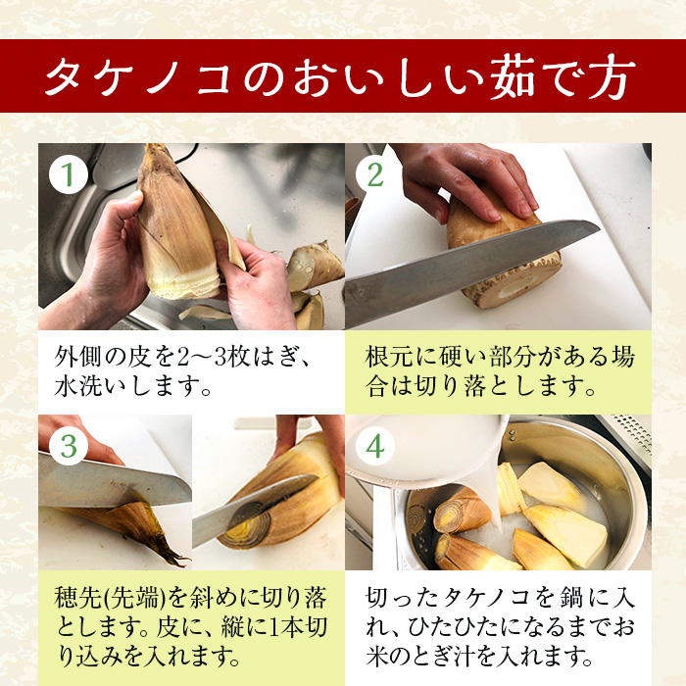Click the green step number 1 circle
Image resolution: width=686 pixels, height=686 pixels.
[69, 174]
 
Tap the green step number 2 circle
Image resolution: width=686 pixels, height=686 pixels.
[375, 174]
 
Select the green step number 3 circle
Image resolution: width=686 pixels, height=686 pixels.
[69, 446]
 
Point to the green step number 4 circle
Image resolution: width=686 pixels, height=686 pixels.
[375, 446]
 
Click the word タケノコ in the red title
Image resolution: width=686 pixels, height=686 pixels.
[139, 77]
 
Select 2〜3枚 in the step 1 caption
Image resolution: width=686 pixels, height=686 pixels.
[213, 357]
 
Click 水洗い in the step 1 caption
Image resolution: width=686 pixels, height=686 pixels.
[90, 386]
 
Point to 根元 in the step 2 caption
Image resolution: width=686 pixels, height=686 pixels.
[387, 357]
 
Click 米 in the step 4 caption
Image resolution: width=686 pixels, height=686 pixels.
[377, 657]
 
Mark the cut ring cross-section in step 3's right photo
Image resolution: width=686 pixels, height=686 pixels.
[245, 524]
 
